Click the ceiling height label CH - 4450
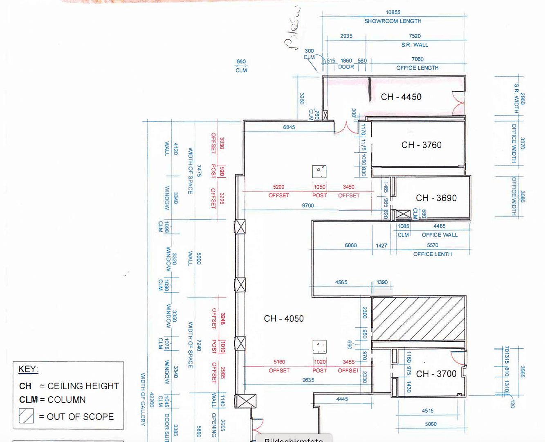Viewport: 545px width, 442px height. point(401,97)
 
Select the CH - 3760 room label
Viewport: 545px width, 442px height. point(421,145)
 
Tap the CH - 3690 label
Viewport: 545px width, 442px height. point(436,198)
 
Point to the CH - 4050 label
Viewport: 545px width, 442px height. point(284,318)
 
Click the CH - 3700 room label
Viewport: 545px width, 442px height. point(436,374)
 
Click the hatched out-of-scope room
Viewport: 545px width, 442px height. point(419,318)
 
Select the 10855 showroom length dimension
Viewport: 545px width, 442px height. point(392,12)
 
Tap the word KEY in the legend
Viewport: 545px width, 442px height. point(28,369)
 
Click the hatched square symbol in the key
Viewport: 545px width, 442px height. point(26,416)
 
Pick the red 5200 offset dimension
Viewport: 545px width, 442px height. point(278,187)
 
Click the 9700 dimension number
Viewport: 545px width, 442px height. point(307,205)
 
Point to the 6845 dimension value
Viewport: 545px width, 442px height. point(289,127)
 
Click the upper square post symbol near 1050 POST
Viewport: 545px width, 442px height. point(319,171)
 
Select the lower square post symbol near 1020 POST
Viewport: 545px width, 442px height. point(319,346)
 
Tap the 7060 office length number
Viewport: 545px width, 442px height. point(417,59)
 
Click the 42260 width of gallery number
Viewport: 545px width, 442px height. point(152,399)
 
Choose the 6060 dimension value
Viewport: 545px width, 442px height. point(350,245)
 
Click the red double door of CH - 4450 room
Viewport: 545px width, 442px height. point(458,103)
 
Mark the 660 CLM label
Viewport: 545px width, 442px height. point(241,65)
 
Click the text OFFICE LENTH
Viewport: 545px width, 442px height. point(432,254)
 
